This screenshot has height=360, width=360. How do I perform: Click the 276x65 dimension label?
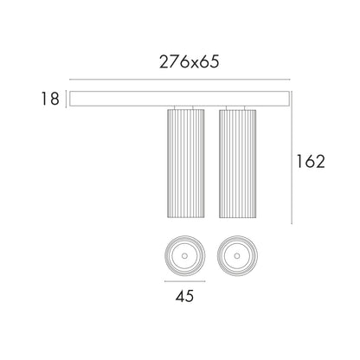pyautogui.click(x=190, y=61)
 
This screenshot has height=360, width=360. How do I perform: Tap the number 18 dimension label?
pyautogui.click(x=50, y=99)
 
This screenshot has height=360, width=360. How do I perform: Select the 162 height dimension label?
pyautogui.click(x=311, y=161)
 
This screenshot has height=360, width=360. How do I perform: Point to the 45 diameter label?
pyautogui.click(x=184, y=296)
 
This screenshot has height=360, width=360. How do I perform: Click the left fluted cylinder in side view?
pyautogui.click(x=186, y=164)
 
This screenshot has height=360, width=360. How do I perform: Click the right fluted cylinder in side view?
pyautogui.click(x=237, y=164)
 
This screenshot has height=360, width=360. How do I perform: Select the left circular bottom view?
pyautogui.click(x=185, y=255)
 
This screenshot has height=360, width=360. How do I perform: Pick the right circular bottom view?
pyautogui.click(x=237, y=255)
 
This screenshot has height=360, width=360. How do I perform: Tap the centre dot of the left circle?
pyautogui.click(x=185, y=255)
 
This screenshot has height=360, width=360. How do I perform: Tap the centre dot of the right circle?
pyautogui.click(x=237, y=255)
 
